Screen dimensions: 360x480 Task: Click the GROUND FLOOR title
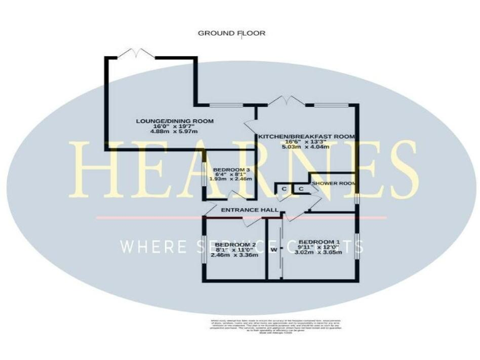click(232, 33)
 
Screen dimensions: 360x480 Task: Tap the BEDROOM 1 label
click(319, 242)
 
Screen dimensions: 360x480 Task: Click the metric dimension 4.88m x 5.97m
click(174, 132)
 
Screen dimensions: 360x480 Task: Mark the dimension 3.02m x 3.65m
click(319, 254)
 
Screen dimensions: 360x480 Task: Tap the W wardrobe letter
click(274, 249)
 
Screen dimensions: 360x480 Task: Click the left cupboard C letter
click(284, 189)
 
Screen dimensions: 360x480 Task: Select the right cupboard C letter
click(301, 189)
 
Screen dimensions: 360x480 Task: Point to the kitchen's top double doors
click(286, 100)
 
